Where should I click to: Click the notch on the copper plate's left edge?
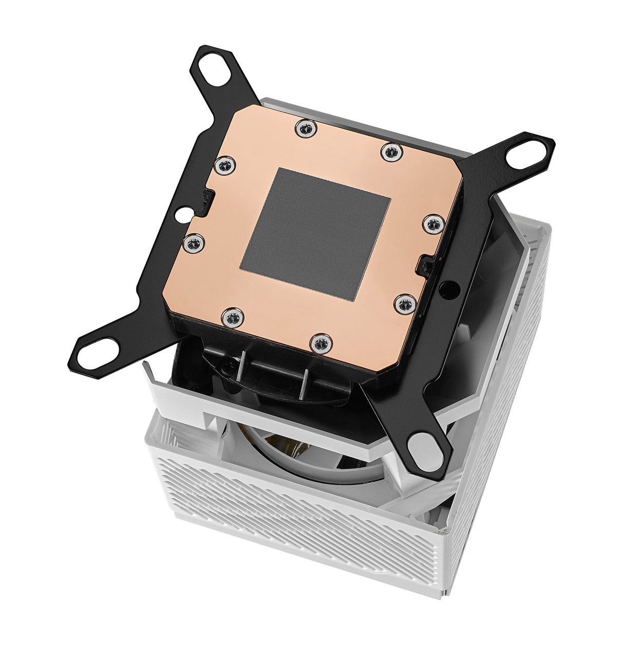coord(208,198)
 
